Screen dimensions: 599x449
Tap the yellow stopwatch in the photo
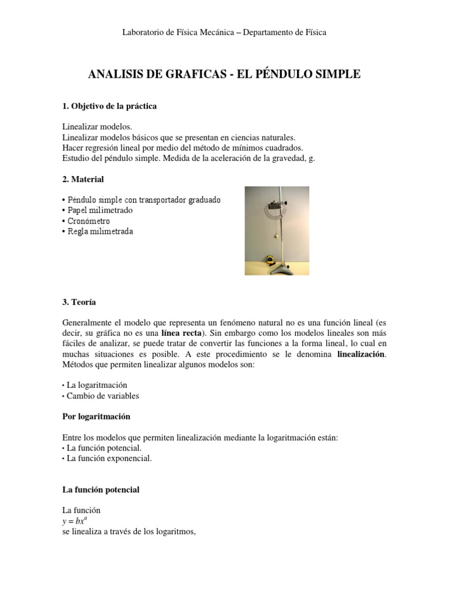coord(270,260)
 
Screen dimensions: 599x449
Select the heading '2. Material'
coord(83,179)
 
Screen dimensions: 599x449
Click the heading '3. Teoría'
coord(80,302)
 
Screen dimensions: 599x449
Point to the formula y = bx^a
coord(78,521)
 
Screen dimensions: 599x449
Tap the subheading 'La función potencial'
coord(101,490)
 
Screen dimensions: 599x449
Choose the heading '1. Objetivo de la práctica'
coord(109,106)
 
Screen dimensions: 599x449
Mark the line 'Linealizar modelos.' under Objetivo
coord(97,126)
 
